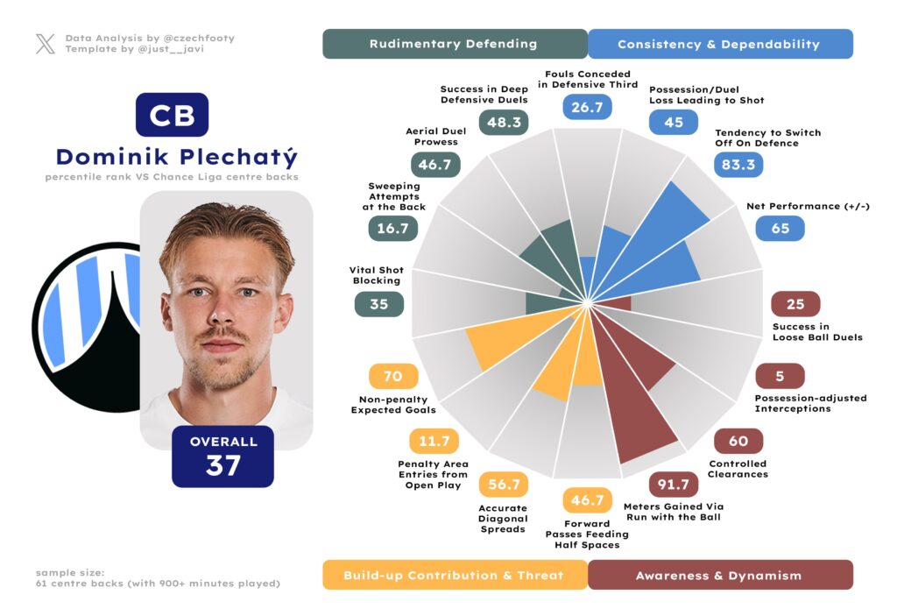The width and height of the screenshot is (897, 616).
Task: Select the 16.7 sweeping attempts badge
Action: click(x=392, y=228)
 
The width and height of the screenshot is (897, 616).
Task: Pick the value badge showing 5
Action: click(x=779, y=377)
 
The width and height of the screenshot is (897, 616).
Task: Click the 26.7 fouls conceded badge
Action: click(x=587, y=107)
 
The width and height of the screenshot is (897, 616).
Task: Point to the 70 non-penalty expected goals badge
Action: click(x=393, y=377)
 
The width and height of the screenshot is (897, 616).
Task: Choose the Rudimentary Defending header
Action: click(x=454, y=44)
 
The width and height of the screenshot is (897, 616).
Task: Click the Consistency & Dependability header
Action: click(x=719, y=44)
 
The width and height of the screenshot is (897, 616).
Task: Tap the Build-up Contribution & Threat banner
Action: click(x=454, y=575)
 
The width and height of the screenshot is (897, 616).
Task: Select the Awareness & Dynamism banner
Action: click(x=719, y=575)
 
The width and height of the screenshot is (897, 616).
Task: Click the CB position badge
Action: click(x=172, y=115)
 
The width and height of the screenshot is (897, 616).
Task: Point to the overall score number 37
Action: click(x=223, y=465)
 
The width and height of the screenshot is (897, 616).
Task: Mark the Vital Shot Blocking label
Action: click(x=376, y=275)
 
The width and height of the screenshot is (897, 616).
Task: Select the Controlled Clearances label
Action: click(x=738, y=469)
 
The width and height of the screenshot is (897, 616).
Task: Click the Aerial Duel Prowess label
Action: click(x=435, y=137)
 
